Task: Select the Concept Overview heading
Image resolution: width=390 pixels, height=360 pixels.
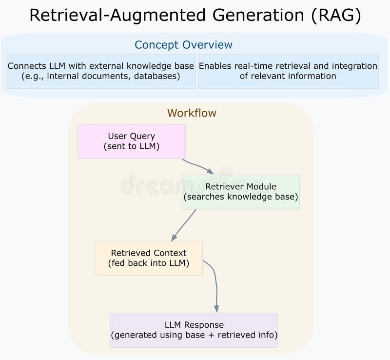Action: (x=183, y=45)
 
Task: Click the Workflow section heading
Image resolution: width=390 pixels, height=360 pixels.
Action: (x=192, y=113)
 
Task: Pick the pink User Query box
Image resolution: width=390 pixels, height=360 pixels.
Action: (x=131, y=141)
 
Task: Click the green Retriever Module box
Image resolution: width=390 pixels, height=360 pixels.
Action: (x=240, y=192)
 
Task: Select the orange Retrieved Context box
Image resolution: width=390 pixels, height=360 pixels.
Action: (x=148, y=258)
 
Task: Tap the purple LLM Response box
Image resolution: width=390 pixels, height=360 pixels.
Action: (x=194, y=330)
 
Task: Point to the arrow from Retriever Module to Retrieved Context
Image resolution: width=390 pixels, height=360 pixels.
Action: (x=184, y=225)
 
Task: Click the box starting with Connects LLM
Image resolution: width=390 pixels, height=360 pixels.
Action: (x=101, y=71)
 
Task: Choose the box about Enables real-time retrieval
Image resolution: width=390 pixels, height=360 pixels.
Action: (x=288, y=71)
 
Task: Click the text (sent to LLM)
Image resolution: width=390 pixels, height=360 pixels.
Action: (x=131, y=146)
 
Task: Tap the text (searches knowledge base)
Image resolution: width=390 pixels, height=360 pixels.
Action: (x=240, y=197)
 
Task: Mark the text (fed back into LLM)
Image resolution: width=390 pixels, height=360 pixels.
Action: (x=148, y=263)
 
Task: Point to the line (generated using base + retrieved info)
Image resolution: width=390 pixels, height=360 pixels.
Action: (x=194, y=335)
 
